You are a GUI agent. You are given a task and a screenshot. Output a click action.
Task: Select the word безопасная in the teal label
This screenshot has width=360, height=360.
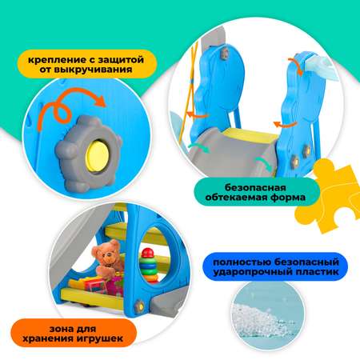tap(255, 187)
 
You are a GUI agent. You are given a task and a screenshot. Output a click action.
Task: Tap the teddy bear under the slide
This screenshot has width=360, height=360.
tap(106, 258)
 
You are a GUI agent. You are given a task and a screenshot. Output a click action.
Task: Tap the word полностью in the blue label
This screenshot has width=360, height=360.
tap(242, 262)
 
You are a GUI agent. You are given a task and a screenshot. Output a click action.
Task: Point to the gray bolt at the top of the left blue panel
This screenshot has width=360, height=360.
tap(225, 54)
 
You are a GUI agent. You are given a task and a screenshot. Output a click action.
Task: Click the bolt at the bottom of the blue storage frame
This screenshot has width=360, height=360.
tap(139, 306)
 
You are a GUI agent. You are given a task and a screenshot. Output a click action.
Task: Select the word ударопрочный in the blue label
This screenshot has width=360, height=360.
tap(249, 272)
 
